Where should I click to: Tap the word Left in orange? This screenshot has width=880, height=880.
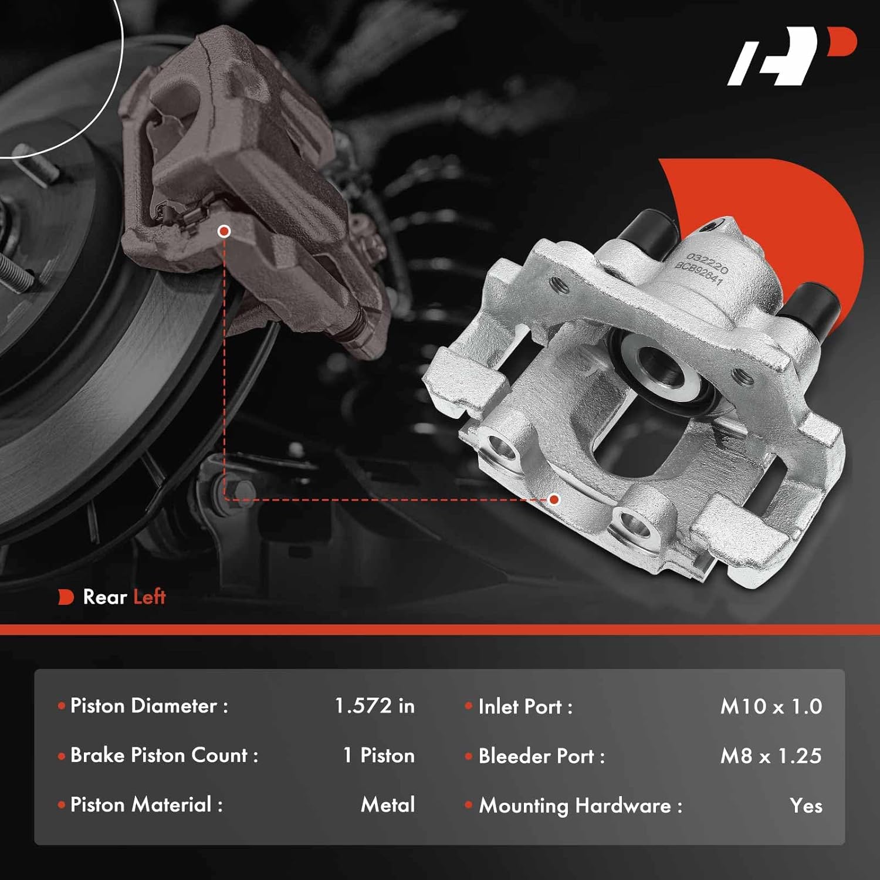click(150, 597)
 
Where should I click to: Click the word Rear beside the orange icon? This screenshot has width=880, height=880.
click(105, 597)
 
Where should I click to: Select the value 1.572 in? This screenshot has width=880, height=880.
click(374, 706)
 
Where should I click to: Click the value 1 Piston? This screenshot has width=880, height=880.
click(378, 756)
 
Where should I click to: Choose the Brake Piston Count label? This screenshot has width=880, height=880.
click(164, 756)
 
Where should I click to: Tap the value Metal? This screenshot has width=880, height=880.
click(388, 804)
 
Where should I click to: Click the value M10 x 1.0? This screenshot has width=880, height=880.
click(771, 706)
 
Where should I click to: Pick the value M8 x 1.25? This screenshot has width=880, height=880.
click(771, 756)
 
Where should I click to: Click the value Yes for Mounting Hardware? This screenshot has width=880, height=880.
click(806, 805)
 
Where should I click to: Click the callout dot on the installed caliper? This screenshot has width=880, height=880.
click(224, 231)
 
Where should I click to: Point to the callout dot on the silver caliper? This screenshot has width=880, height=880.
click(554, 499)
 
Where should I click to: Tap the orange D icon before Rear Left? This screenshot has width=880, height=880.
click(66, 597)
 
